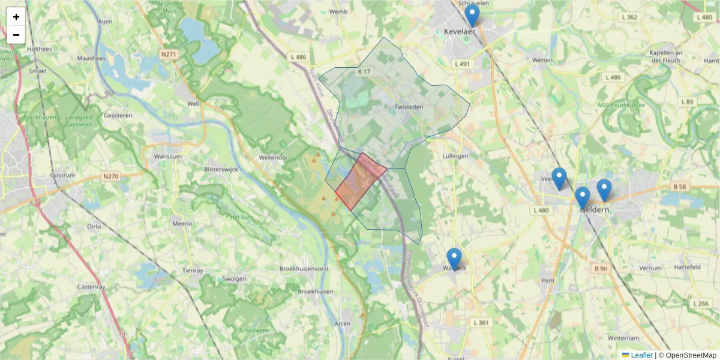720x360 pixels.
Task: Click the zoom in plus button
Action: pos(16,17)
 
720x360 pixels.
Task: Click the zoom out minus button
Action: pos(16,35)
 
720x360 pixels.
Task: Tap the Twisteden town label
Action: pos(409,107)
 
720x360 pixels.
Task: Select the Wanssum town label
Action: pos(167,157)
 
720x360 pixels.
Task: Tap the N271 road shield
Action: pos(170,54)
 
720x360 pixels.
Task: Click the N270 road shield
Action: pos(110,176)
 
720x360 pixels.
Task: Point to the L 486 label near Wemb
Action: pos(298,57)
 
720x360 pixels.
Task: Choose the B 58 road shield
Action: pos(679,187)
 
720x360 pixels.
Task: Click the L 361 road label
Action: pos(481,323)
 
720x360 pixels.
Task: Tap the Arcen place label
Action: pos(342,324)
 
